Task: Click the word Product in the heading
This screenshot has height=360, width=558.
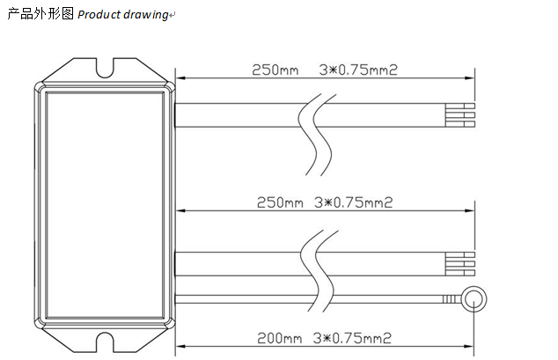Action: (x=99, y=14)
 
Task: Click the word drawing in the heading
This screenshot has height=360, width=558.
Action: (x=146, y=15)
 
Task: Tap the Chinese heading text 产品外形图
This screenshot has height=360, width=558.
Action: (x=40, y=13)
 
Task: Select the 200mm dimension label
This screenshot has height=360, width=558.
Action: (x=279, y=338)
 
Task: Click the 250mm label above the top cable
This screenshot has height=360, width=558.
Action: (x=275, y=70)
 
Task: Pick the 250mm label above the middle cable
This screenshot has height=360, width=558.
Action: (x=280, y=202)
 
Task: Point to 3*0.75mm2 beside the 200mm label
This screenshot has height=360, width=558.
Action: (x=352, y=338)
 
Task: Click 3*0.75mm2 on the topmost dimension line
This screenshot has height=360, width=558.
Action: (x=357, y=70)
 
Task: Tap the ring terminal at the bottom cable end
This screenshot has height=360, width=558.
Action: (x=474, y=299)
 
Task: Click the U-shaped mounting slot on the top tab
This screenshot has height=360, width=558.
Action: (x=105, y=68)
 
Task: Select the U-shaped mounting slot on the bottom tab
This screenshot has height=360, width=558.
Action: (x=105, y=342)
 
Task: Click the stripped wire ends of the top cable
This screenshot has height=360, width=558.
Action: (x=459, y=115)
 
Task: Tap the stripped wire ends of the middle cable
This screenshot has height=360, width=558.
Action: (x=459, y=264)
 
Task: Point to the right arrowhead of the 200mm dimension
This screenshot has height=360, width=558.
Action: (x=469, y=346)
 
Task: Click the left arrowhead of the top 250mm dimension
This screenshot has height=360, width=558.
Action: (x=181, y=78)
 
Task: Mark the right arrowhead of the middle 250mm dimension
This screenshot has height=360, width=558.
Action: (x=469, y=210)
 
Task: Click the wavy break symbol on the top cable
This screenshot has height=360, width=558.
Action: (x=317, y=135)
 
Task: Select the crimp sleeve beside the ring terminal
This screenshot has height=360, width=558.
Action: (x=452, y=299)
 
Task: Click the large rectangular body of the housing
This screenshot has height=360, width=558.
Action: (x=105, y=205)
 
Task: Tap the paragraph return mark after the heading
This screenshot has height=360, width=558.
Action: (x=173, y=15)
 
